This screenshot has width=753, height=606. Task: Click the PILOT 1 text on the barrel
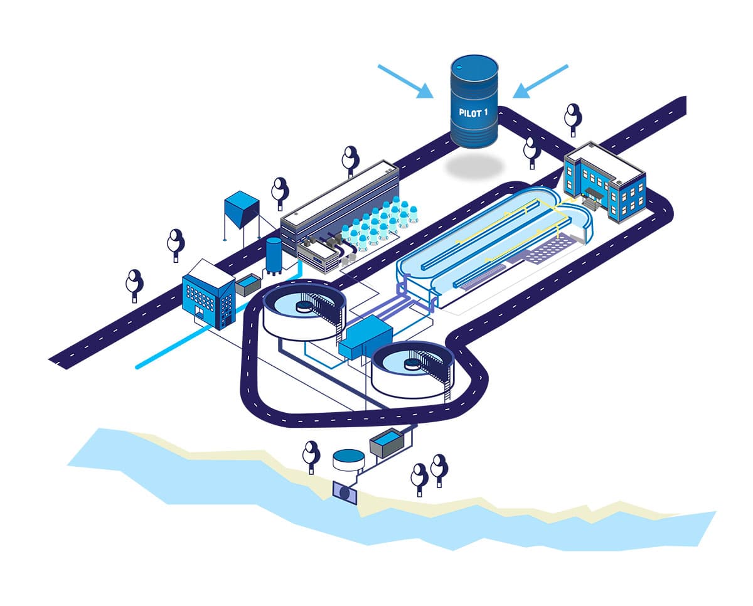click(x=474, y=112)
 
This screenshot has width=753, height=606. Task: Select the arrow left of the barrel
click(x=405, y=82)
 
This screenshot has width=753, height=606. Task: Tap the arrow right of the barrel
click(x=540, y=81)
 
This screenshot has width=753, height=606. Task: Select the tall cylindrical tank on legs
click(x=274, y=255)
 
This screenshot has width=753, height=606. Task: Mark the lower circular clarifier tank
click(x=412, y=370)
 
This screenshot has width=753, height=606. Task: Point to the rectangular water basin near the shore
click(x=387, y=443)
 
